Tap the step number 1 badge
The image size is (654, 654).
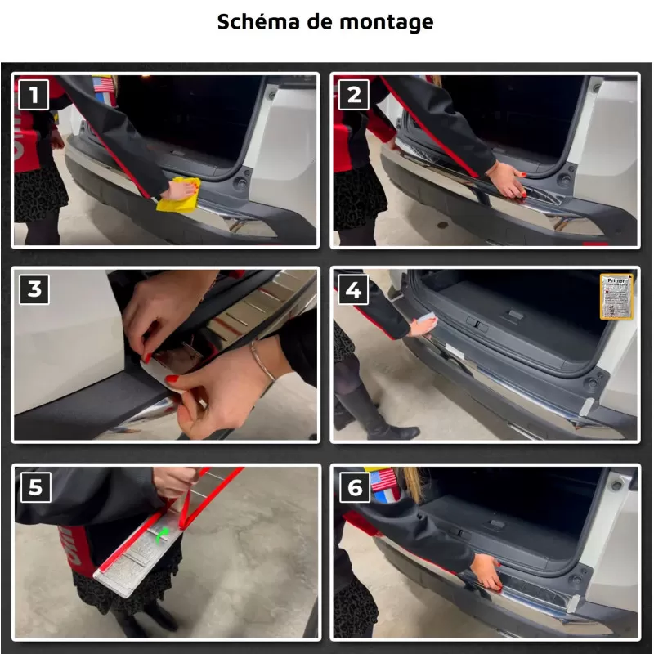pyautogui.click(x=34, y=95)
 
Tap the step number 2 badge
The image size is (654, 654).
pyautogui.click(x=353, y=95)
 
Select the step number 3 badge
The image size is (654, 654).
pyautogui.click(x=34, y=289)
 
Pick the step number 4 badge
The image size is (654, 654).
pyautogui.click(x=353, y=289)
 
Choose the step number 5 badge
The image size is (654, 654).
pyautogui.click(x=34, y=487)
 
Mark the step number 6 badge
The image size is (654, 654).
pyautogui.click(x=353, y=487)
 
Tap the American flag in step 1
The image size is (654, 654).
pyautogui.click(x=104, y=84)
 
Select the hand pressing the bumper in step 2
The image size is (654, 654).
pyautogui.click(x=504, y=177)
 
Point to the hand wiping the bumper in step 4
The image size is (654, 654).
pyautogui.click(x=423, y=325)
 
